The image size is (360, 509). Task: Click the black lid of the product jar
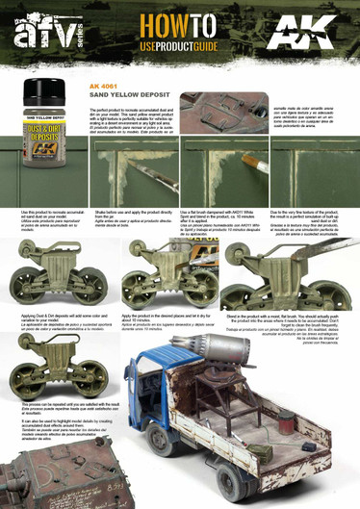point(52,96)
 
